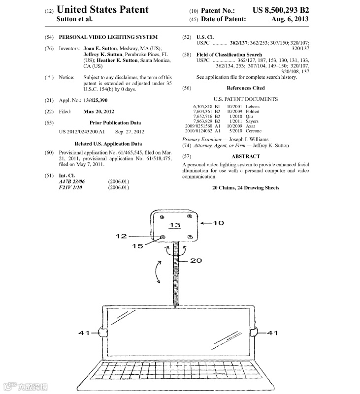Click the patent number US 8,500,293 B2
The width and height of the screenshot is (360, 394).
pyautogui.click(x=281, y=10)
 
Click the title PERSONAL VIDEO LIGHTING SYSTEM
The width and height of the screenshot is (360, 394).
pyautogui.click(x=108, y=37)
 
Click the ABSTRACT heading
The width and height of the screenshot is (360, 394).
pyautogui.click(x=245, y=156)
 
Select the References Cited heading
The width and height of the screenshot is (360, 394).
pyautogui.click(x=245, y=88)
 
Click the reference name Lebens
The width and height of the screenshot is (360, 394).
pyautogui.click(x=252, y=107)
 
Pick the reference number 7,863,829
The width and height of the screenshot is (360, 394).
pyautogui.click(x=202, y=121)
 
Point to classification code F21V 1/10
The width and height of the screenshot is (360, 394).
pyautogui.click(x=70, y=187)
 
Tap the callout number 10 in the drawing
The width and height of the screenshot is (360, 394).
pyautogui.click(x=218, y=223)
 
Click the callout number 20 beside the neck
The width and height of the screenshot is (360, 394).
pyautogui.click(x=196, y=260)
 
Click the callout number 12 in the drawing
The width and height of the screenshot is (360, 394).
pyautogui.click(x=121, y=237)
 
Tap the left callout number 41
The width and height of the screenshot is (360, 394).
pyautogui.click(x=84, y=333)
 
